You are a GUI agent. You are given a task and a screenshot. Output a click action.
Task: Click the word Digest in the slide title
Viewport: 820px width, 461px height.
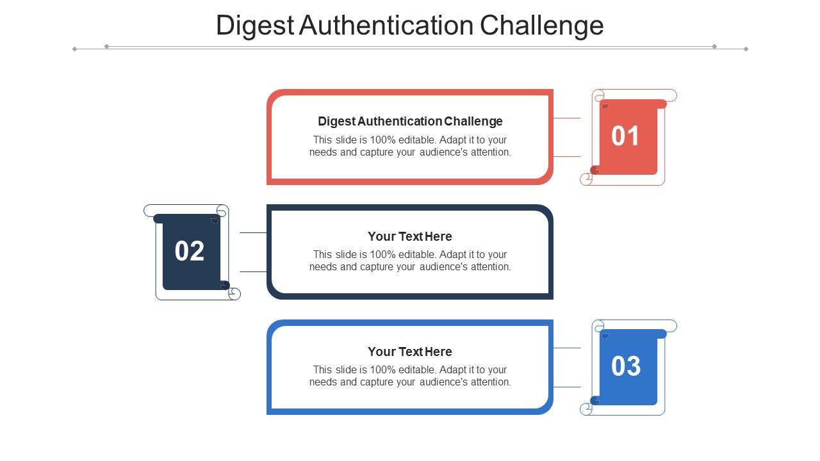click(255, 26)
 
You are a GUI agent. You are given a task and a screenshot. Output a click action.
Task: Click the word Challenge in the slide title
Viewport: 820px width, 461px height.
click(541, 26)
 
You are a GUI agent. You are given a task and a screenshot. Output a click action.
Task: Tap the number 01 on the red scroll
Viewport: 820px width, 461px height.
click(625, 136)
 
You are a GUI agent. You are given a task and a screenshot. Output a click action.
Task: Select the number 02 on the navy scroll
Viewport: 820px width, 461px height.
click(189, 251)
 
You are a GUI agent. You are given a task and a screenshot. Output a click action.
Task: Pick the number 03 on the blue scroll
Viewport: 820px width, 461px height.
click(626, 366)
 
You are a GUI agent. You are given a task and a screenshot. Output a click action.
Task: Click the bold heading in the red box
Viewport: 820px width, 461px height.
click(410, 121)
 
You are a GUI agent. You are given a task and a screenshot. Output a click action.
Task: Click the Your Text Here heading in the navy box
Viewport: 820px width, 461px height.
click(410, 236)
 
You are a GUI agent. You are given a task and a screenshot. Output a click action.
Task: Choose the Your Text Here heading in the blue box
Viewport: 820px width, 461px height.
click(410, 352)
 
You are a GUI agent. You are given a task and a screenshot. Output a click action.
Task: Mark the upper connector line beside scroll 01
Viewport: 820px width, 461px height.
click(567, 118)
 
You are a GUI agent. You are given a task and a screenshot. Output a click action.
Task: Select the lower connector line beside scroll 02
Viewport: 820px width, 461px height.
click(253, 272)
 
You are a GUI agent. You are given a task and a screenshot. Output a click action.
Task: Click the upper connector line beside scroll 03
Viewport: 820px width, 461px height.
click(567, 348)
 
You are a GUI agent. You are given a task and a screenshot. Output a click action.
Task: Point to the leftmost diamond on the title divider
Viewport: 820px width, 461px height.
click(74, 49)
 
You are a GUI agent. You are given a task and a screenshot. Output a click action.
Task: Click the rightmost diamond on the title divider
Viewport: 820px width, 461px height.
click(746, 49)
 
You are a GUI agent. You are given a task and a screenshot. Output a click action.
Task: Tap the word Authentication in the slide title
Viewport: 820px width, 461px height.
click(386, 26)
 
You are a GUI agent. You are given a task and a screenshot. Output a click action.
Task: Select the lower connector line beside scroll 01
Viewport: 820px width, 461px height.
click(567, 157)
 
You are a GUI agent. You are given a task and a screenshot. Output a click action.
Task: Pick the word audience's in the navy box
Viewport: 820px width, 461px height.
click(443, 267)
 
